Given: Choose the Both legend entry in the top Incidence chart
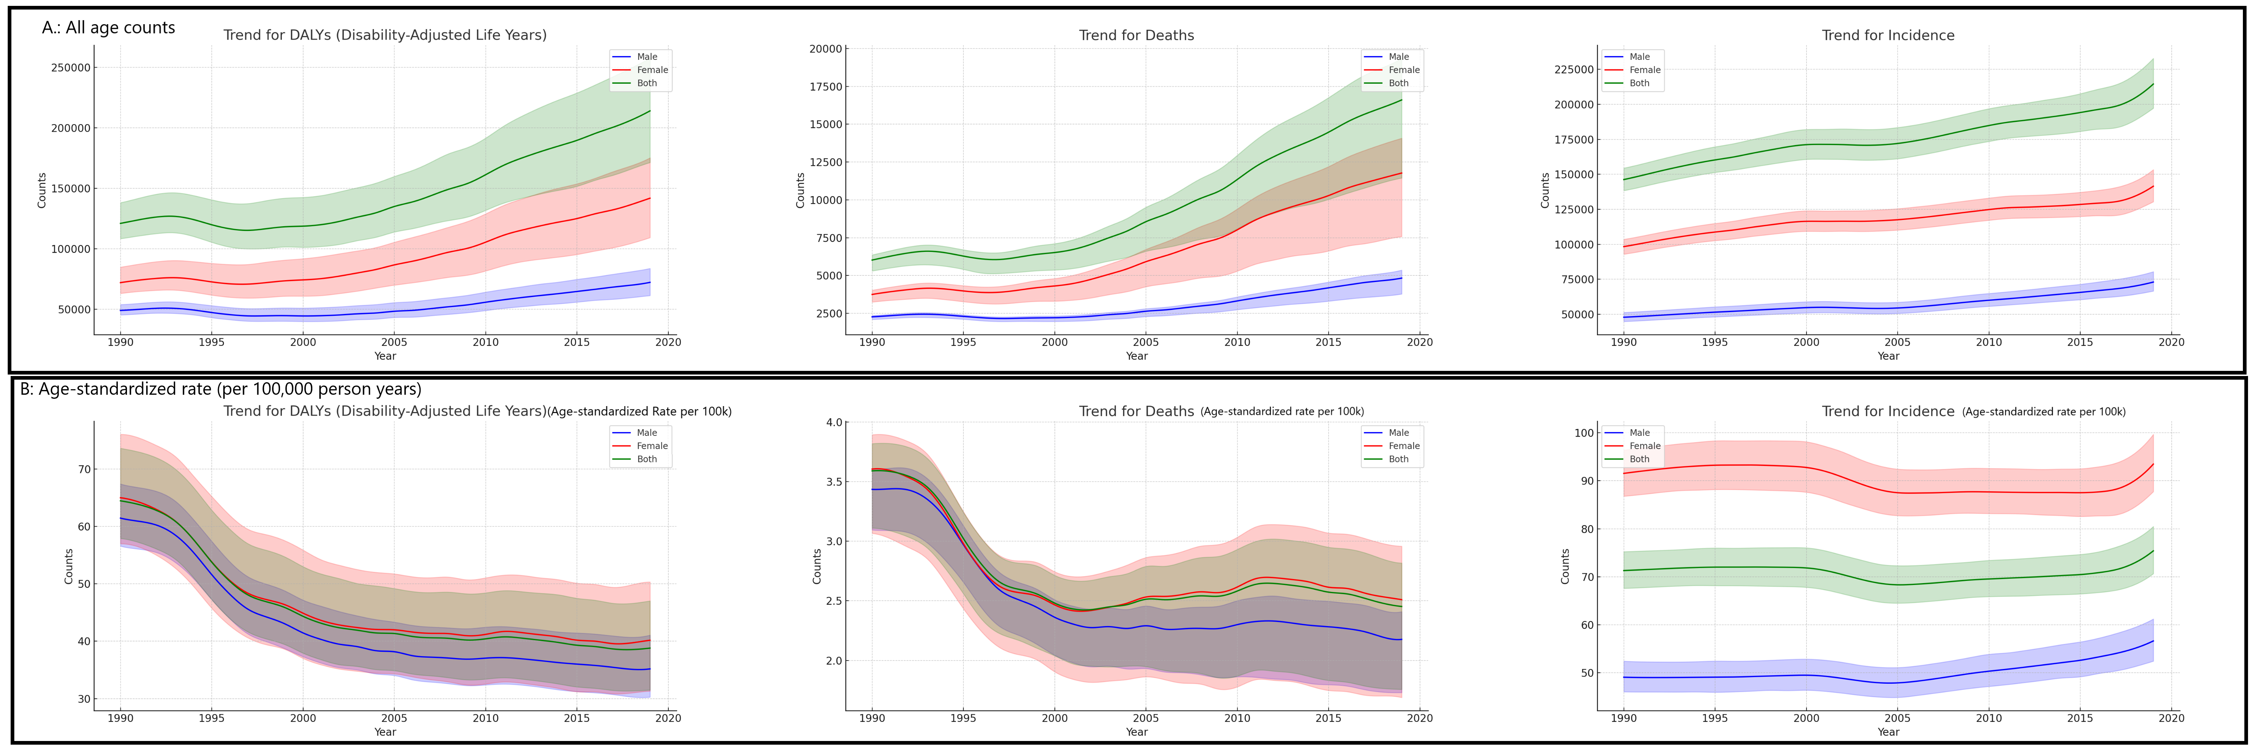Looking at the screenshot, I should tap(1639, 83).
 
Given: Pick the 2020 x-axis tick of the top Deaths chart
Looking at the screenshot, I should tap(1419, 342).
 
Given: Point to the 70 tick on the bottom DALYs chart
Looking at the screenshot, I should tap(84, 469).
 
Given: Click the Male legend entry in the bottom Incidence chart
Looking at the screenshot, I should tap(1639, 433).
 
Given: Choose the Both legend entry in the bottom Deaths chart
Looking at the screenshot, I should tap(1398, 459).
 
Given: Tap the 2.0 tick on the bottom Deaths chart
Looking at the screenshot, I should tap(834, 661).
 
